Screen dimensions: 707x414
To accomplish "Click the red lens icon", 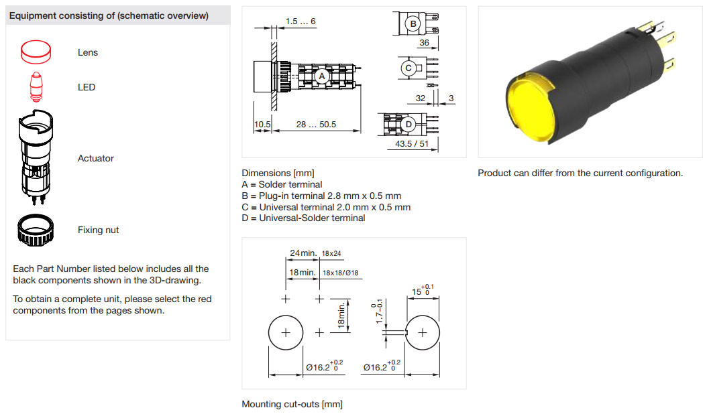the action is click(36, 52).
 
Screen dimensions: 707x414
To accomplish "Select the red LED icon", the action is click(36, 86).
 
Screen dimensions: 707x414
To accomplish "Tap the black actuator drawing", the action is click(36, 157).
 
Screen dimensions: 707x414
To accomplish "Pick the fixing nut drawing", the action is click(36, 230).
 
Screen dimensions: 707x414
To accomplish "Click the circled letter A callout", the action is click(321, 76).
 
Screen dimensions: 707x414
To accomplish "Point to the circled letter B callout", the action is click(413, 23).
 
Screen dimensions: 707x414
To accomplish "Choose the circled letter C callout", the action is click(408, 68).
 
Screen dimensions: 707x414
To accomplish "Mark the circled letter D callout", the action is click(409, 125).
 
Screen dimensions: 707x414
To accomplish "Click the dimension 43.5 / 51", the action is click(412, 144).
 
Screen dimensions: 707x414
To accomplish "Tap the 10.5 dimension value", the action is click(262, 125).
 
